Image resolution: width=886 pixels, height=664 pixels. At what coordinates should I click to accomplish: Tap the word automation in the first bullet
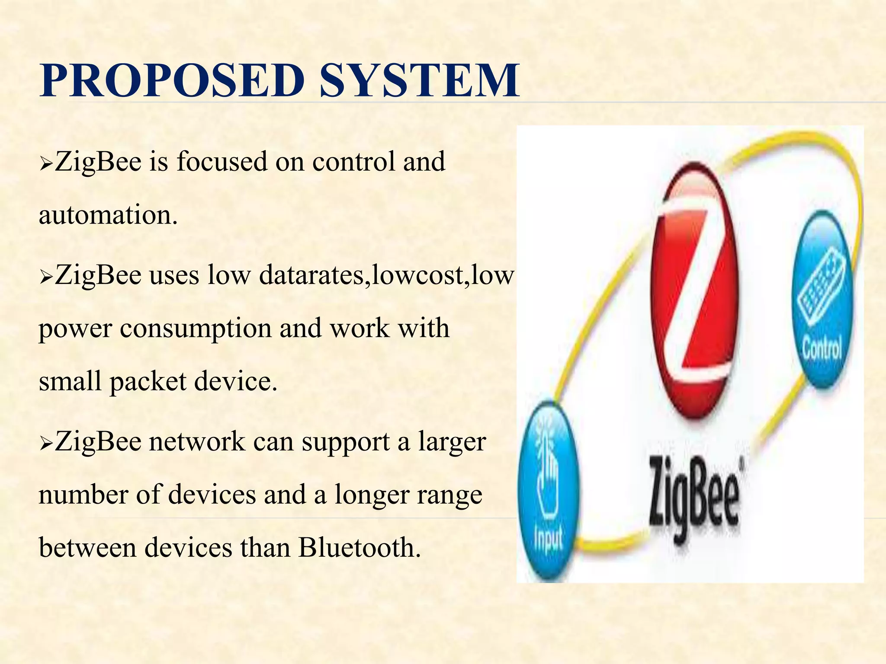108,215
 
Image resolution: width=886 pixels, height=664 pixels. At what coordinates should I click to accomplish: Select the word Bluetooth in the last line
359,547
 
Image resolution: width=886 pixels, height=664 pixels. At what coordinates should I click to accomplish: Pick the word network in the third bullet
197,442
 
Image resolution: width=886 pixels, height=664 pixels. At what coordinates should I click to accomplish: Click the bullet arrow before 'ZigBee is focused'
45,164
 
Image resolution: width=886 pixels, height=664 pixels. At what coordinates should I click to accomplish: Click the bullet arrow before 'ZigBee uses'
45,277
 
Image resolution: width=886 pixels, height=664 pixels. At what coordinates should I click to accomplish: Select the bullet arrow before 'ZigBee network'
45,444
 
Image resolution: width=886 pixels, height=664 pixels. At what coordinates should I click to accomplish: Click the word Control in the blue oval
822,348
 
